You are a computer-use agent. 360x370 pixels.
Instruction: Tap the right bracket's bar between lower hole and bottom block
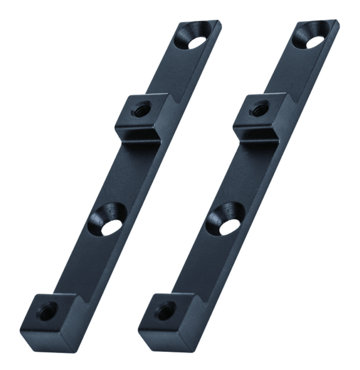tap(204, 264)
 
